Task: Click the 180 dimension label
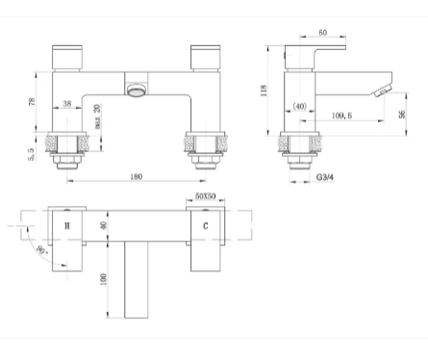click(137, 177)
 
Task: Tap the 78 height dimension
click(32, 102)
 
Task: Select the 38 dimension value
click(67, 104)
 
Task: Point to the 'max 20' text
click(97, 116)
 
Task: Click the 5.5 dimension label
click(31, 154)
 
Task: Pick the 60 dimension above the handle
click(323, 33)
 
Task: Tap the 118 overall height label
click(264, 90)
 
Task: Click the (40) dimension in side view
click(300, 106)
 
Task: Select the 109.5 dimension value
click(341, 116)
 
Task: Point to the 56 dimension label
click(402, 115)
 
